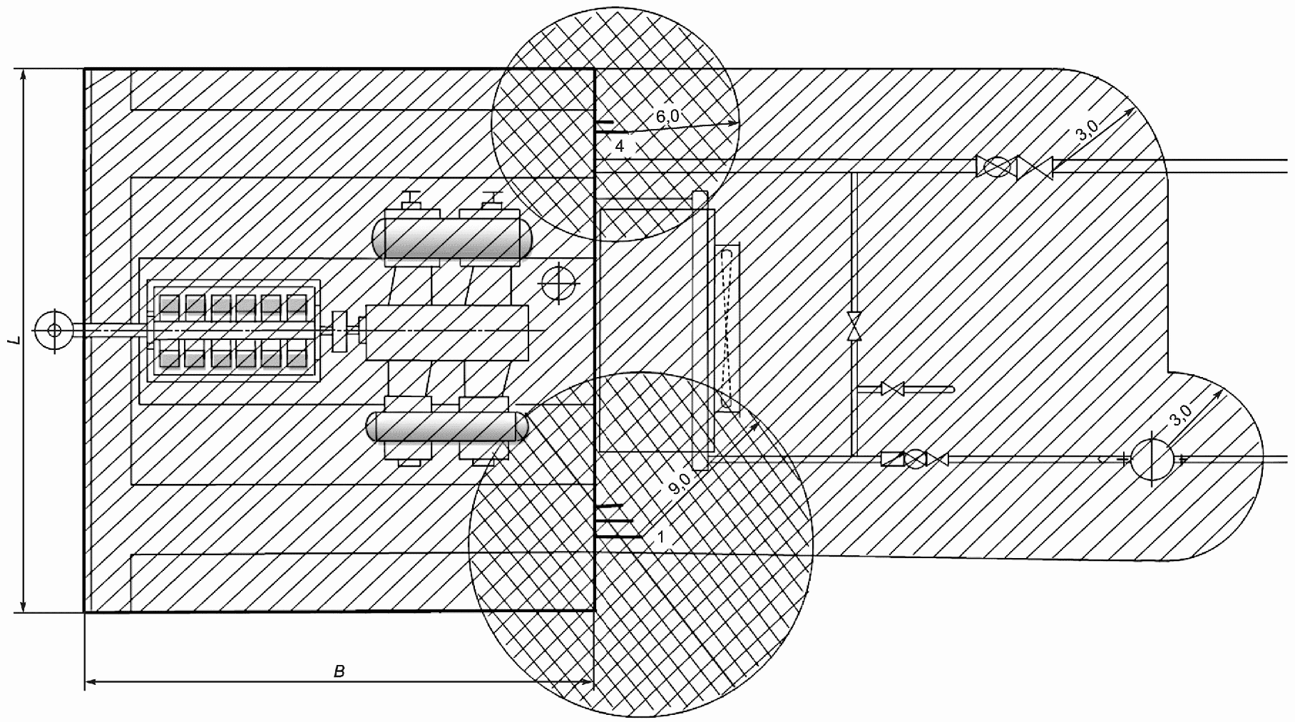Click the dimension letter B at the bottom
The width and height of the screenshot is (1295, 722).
tap(339, 671)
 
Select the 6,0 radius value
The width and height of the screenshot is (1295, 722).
tap(667, 118)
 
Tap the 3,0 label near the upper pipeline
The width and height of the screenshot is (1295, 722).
tap(1088, 132)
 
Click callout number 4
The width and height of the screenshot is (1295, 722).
tap(620, 146)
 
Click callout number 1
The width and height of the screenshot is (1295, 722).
tap(661, 537)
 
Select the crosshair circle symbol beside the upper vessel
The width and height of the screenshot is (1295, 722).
tap(557, 284)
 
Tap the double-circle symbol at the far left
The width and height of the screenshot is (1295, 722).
tap(53, 330)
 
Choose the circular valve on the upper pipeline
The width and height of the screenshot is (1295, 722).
tap(995, 167)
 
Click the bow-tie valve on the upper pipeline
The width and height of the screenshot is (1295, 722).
tap(1035, 167)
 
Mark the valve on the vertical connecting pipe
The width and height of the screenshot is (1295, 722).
tap(853, 326)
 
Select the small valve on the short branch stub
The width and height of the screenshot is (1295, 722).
tap(893, 389)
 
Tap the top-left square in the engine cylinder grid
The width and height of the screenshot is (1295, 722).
tap(168, 304)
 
